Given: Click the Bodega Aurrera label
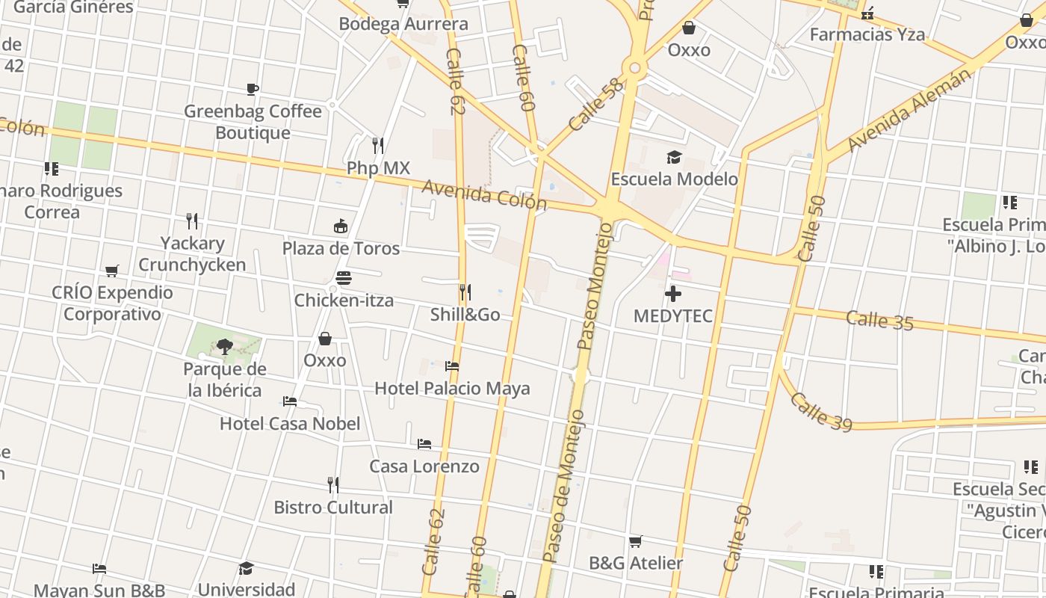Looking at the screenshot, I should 403,24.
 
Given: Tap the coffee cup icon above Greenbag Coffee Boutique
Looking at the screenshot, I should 253,90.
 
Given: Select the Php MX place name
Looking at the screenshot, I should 378,168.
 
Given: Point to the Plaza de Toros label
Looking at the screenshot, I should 341,248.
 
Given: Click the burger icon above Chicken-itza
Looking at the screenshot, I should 344,279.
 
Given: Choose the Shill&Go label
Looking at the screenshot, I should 465,315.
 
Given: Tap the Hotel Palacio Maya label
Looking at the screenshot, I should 452,389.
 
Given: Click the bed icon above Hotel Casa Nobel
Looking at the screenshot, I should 290,401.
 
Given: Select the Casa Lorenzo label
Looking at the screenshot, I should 424,466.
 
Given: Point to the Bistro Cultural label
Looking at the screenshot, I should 333,508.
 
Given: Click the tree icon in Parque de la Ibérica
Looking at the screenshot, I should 224,346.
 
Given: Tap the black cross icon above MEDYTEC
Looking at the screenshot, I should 673,294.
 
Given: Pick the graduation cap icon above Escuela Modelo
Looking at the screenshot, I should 675,157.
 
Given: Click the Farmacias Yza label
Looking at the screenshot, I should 867,34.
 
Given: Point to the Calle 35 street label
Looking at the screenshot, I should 879,321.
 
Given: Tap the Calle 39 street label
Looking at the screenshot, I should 821,412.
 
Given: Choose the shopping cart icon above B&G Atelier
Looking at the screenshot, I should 635,541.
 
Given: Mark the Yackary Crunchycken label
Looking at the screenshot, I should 192,254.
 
